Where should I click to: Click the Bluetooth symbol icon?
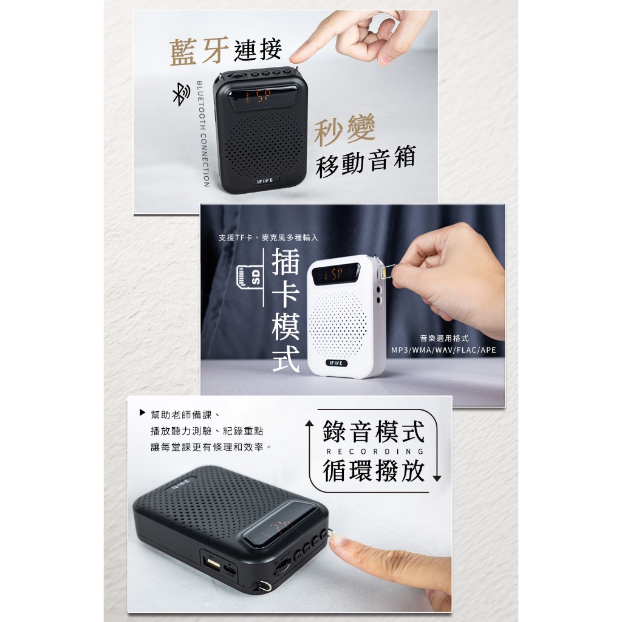[181, 94]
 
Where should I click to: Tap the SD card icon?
[248, 276]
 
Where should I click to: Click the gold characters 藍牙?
[199, 51]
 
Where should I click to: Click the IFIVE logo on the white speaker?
[337, 363]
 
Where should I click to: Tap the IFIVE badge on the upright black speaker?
[265, 181]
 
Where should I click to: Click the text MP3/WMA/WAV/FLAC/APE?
[443, 350]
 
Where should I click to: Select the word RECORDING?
[375, 451]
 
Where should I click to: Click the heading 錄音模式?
[374, 432]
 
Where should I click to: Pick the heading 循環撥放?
[374, 471]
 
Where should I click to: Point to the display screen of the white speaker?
[335, 274]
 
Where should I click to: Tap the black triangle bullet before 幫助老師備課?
[142, 412]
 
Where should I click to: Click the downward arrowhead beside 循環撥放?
[437, 479]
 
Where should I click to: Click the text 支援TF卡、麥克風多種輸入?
[268, 238]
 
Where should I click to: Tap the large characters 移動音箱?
[366, 161]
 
